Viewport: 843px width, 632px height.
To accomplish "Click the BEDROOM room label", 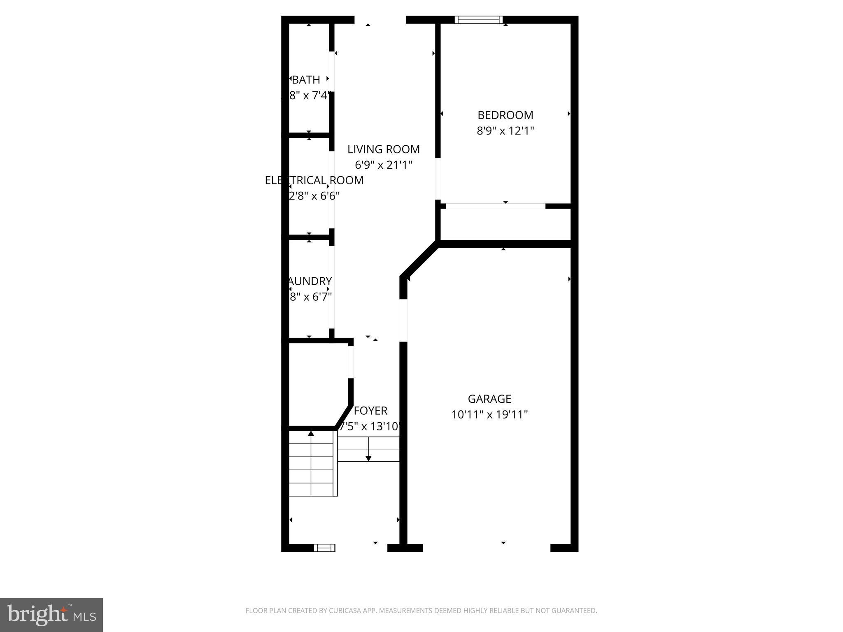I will point(505,115).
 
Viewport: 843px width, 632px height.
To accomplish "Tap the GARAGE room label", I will point(489,399).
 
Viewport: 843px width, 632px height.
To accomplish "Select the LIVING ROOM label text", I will point(383,149).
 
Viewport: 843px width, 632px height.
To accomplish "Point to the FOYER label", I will point(370,411).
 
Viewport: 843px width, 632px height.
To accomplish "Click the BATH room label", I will point(306,80).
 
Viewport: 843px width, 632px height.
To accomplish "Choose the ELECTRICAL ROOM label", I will point(314,180).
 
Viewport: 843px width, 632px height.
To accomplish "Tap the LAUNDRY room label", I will point(310,281).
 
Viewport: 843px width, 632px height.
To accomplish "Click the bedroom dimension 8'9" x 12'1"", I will point(505,131).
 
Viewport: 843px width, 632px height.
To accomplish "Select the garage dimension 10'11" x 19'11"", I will point(489,414).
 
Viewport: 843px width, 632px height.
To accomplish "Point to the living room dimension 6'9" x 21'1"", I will point(383,165).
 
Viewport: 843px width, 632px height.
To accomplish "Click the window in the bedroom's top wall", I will point(478,20).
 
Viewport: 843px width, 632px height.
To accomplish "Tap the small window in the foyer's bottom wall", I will point(324,548).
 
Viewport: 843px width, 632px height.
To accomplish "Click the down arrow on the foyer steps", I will point(368,457).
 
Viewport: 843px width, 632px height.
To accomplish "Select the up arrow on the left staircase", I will point(311,433).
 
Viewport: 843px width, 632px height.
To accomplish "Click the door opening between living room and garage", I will point(403,320).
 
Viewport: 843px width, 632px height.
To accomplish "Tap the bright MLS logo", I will point(51,615).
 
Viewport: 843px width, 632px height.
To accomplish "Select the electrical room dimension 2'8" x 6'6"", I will point(314,196).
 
